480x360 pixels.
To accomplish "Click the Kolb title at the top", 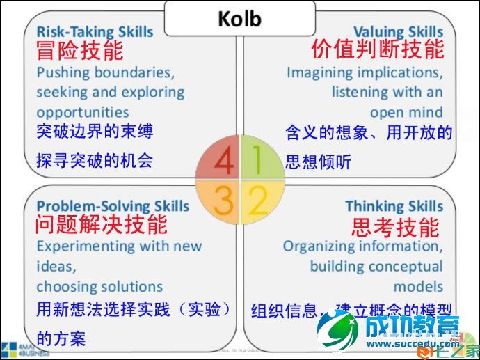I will (239, 17).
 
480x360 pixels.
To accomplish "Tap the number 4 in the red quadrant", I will (223, 161).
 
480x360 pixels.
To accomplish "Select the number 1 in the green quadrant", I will (257, 161).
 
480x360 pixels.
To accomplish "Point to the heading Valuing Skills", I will (398, 32).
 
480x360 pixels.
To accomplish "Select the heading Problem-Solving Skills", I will (113, 206).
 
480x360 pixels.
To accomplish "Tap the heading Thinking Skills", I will (394, 206).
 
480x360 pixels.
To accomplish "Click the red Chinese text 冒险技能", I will (79, 51).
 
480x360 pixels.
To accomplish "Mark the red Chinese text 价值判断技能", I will (377, 50).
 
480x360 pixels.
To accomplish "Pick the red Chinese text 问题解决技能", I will (102, 225).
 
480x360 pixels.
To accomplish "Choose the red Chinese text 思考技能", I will (395, 227).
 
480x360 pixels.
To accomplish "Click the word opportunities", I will (83, 112).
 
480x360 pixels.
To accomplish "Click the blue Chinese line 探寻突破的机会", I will (94, 162).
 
